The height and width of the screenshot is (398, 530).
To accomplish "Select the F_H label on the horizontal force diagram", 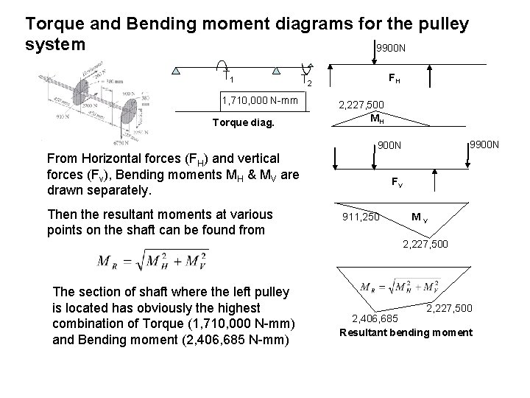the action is (395, 76).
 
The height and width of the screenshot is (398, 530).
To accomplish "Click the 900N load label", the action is (389, 144).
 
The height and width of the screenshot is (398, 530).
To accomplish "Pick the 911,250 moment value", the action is (361, 217).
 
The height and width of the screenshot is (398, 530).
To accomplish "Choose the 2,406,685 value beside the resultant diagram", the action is (375, 318).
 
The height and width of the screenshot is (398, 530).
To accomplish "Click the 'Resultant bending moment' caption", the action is (406, 332).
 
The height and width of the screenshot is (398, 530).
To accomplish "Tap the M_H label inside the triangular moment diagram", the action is (375, 118).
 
